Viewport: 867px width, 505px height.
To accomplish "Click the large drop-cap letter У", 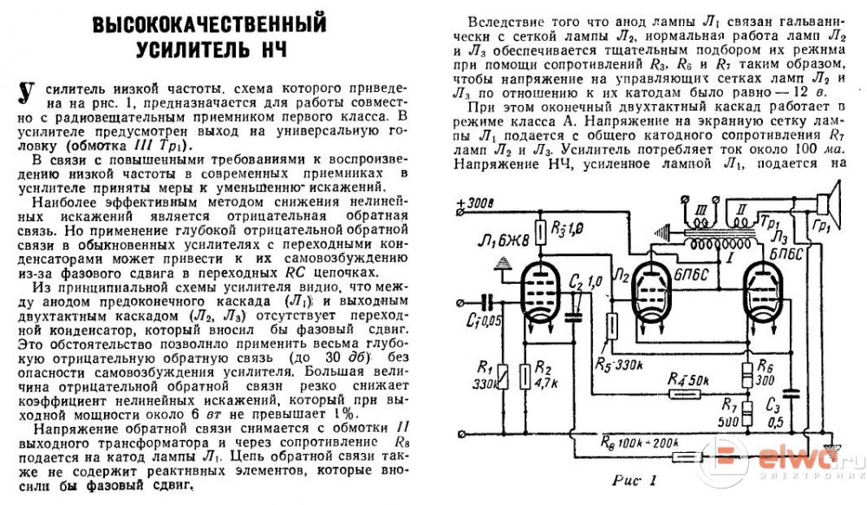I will tap(27, 93).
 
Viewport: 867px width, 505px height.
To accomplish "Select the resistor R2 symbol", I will tap(525, 375).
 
